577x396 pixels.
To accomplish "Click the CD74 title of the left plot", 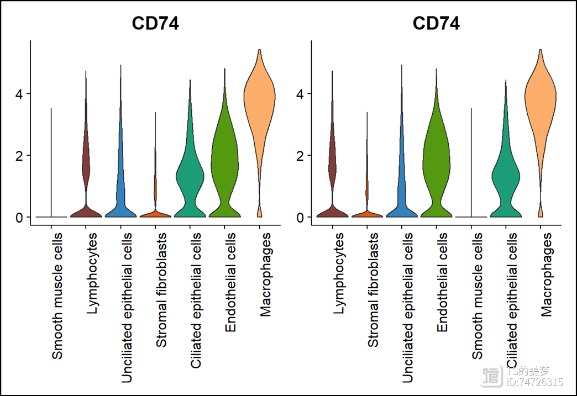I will pos(155,24).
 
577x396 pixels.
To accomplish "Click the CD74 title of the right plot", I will pos(436,24).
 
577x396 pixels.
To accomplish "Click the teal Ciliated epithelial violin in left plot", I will pos(190,177).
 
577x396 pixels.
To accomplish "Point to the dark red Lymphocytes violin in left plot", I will pos(86,166).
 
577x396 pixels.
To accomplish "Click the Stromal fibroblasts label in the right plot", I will pos(373,290).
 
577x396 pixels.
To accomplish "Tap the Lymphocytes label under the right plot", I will pos(339,273).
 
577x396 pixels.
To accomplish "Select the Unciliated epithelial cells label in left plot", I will pos(127,307).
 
